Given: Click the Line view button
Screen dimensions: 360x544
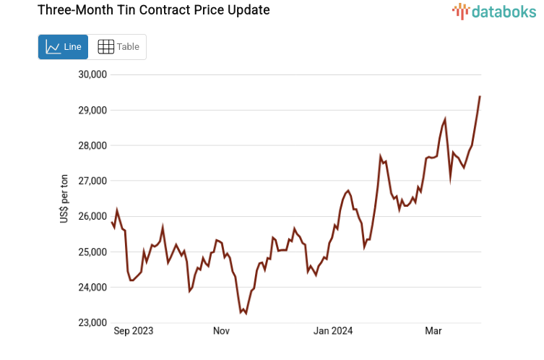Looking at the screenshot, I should (x=63, y=47).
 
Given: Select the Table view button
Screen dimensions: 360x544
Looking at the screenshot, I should (x=118, y=47).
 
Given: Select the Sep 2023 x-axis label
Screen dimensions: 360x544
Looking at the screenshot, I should (x=134, y=331).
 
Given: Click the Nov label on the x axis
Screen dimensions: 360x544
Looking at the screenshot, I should (x=221, y=331).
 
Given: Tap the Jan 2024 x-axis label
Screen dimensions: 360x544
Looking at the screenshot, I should (x=332, y=331).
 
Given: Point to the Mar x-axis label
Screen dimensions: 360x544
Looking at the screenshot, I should (x=433, y=331).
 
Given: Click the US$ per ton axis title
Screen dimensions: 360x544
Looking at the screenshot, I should (x=64, y=199).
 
